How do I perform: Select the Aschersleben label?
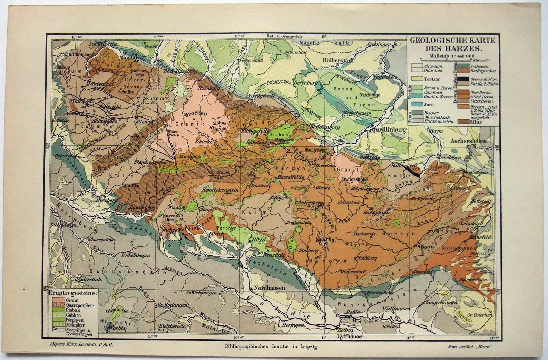468,141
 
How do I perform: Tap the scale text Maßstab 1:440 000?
451,55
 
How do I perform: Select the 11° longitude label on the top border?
323,36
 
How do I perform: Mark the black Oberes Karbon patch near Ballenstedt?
413,171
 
